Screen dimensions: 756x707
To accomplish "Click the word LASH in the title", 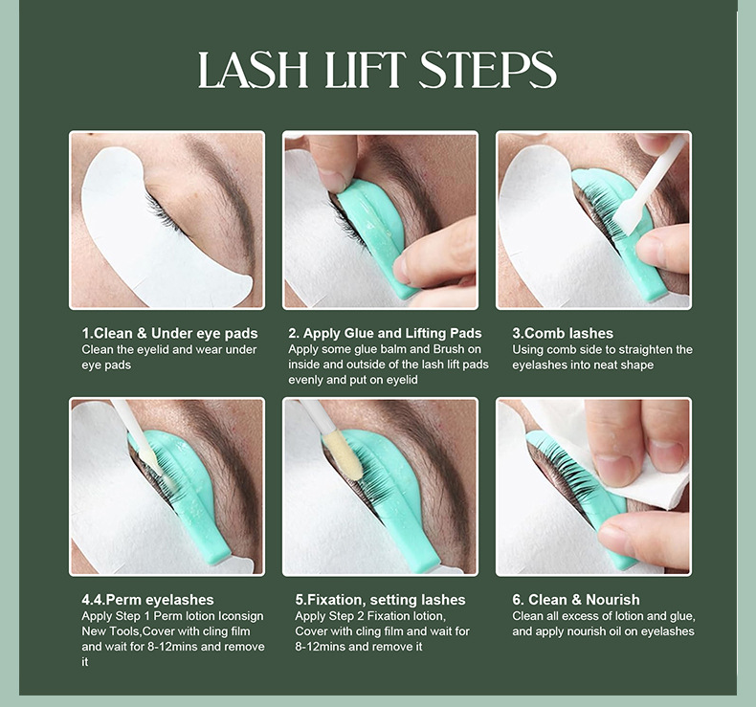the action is [254, 70].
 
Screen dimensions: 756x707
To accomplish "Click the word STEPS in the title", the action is [488, 70].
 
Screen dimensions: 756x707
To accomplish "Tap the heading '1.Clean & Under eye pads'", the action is [169, 333].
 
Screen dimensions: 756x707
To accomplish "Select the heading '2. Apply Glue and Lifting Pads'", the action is [386, 333].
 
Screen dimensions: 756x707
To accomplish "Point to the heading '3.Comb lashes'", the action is [563, 333].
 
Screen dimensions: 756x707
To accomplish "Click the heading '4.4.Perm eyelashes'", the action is [147, 600].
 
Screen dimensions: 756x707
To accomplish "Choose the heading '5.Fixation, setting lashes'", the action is [381, 600].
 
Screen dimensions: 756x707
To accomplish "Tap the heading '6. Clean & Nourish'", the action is [576, 600].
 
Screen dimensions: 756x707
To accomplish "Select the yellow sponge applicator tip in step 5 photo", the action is [343, 455].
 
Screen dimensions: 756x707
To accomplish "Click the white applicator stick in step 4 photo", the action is [138, 436].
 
